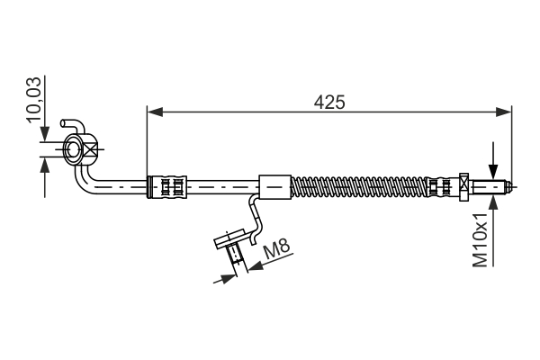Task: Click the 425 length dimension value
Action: point(329,102)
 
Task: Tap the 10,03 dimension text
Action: point(34,99)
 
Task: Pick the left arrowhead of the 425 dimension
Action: point(154,112)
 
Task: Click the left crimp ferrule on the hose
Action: point(170,186)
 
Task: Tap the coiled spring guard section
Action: point(360,186)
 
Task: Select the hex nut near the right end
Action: point(463,186)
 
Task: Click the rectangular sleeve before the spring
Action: point(275,186)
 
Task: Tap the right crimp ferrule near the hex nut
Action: point(438,186)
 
